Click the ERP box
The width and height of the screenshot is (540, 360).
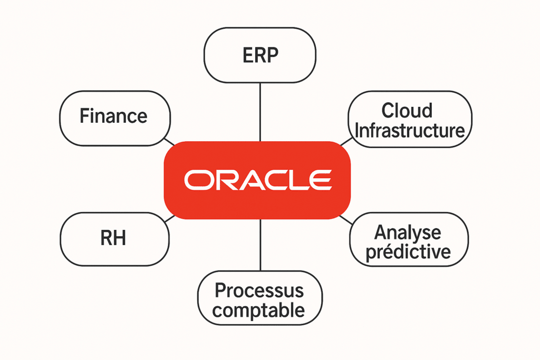(260, 55)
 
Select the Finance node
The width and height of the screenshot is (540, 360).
(115, 119)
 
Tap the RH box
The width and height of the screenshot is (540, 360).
(114, 239)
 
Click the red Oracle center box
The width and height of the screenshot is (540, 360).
(257, 180)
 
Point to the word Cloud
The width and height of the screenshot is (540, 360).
(407, 111)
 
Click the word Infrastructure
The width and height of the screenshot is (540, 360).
(410, 130)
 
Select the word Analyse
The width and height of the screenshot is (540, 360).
(408, 233)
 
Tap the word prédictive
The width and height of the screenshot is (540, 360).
(408, 252)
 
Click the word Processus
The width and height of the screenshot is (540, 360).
(259, 290)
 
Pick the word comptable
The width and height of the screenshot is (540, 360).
(258, 310)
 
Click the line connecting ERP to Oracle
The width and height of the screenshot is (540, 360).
(260, 112)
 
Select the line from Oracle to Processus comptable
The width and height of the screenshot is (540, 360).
(261, 245)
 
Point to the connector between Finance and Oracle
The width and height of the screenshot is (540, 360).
(169, 142)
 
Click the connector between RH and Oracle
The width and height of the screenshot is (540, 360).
(170, 219)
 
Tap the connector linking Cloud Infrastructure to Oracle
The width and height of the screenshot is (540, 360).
(346, 141)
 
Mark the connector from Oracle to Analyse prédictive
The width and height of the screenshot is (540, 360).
(346, 220)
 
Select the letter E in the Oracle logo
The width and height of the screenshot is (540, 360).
(321, 180)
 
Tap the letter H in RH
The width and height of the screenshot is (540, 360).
(120, 238)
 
